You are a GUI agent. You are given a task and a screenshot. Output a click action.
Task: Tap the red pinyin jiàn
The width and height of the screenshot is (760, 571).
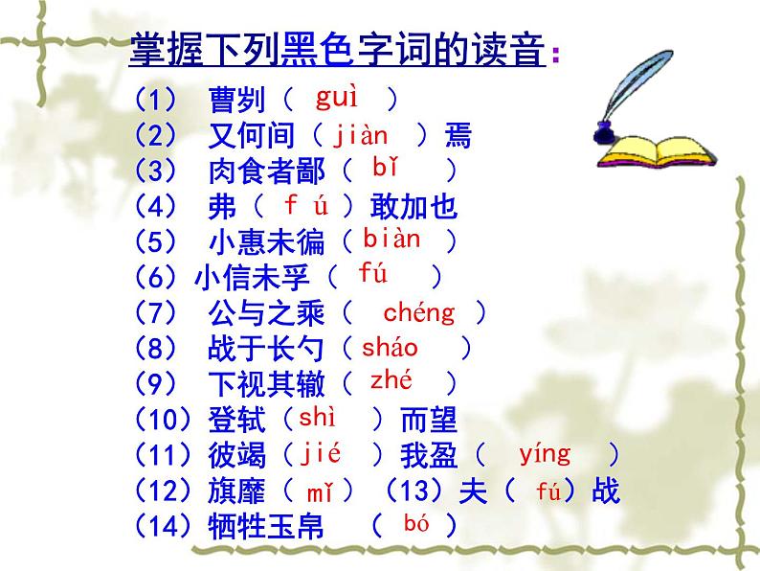tap(361, 135)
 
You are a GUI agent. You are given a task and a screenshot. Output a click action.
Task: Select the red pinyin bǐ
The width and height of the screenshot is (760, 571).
tap(385, 170)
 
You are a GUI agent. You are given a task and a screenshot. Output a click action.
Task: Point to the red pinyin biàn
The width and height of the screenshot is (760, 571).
tap(391, 240)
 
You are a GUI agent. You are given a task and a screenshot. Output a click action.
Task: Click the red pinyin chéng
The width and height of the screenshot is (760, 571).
tap(419, 311)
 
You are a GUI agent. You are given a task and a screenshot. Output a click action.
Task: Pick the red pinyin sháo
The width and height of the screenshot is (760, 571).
tap(391, 347)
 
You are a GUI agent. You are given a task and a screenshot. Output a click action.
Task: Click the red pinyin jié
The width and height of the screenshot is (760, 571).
tap(322, 452)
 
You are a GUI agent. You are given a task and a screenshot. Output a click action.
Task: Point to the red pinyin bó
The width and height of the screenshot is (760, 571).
tap(414, 523)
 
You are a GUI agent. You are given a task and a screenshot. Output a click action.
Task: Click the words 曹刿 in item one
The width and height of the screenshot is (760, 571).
tap(235, 100)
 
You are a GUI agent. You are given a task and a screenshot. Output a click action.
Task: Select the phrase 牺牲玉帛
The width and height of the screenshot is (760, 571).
tap(264, 526)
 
